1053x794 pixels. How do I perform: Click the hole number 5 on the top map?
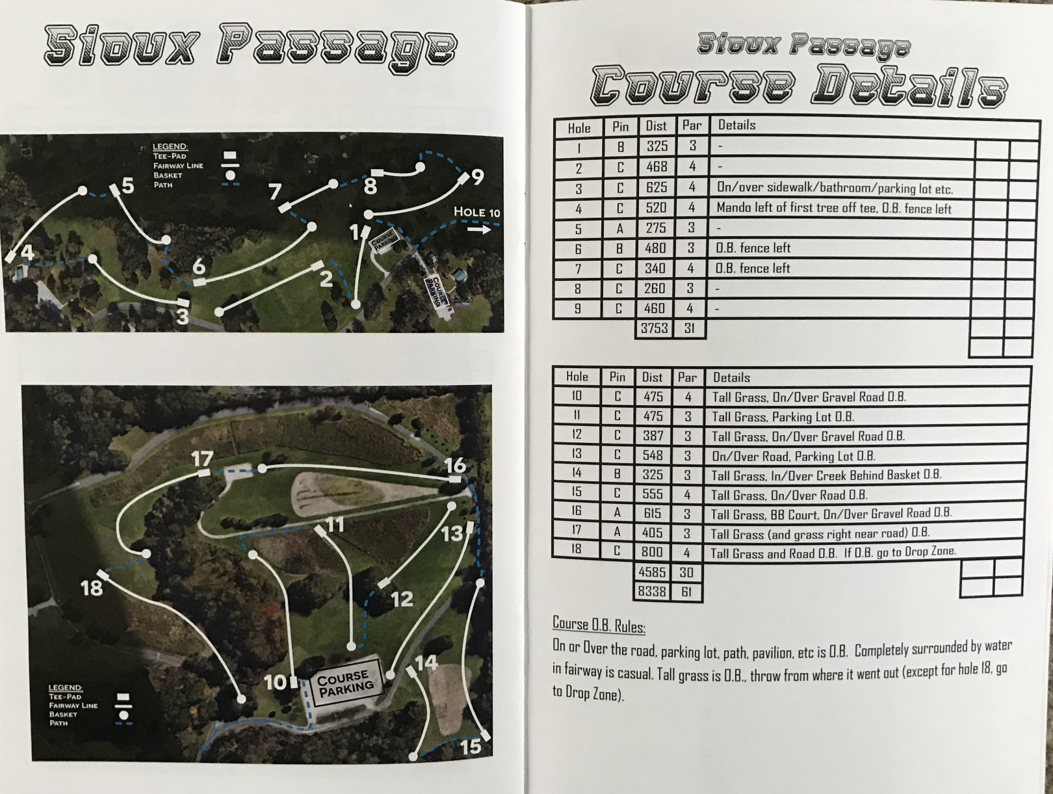tap(127, 185)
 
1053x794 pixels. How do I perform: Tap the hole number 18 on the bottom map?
tap(92, 588)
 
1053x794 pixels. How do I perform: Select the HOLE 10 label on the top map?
tap(477, 212)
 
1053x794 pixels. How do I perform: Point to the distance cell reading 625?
tap(656, 187)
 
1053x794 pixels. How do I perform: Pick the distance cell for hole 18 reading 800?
tap(652, 551)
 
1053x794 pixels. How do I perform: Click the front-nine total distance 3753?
tap(655, 328)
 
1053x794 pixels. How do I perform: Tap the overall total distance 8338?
tap(652, 591)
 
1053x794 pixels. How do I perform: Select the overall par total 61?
tap(686, 592)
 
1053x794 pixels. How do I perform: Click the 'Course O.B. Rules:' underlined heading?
tap(599, 625)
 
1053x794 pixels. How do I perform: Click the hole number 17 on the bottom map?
tap(202, 458)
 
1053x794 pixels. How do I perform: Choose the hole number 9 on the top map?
tap(478, 176)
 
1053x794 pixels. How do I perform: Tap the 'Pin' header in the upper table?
tap(620, 126)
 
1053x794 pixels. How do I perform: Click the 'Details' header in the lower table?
tap(731, 378)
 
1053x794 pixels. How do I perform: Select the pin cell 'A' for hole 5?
tap(619, 228)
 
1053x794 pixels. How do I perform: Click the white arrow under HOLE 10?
tap(479, 230)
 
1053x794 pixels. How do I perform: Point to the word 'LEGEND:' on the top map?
tap(170, 146)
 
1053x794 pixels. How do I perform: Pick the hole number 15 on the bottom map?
tap(471, 747)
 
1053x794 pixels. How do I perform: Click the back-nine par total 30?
tap(686, 572)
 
